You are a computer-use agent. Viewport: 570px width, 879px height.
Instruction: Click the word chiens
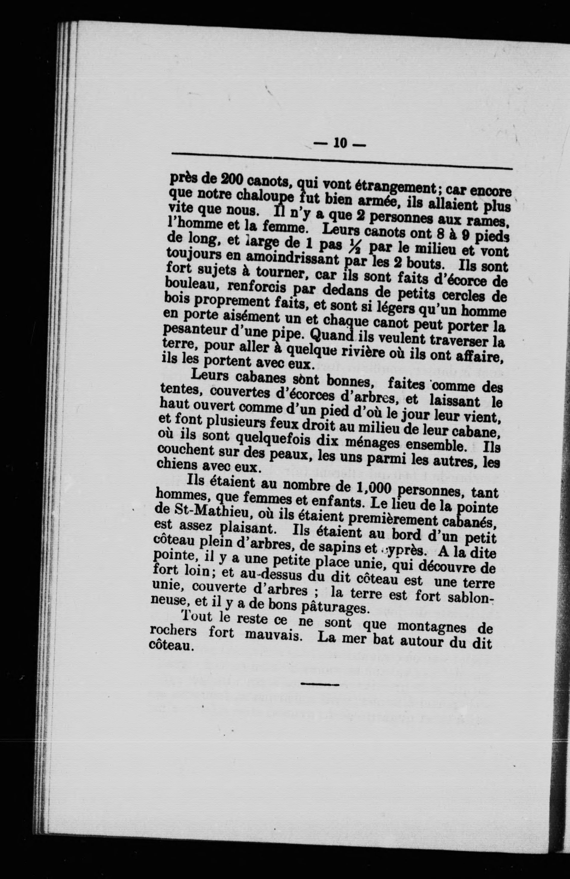[178, 465]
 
